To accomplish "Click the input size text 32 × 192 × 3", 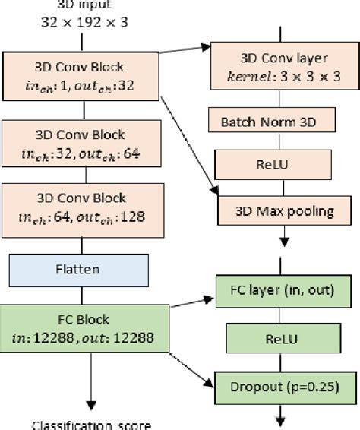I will coord(84,23).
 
